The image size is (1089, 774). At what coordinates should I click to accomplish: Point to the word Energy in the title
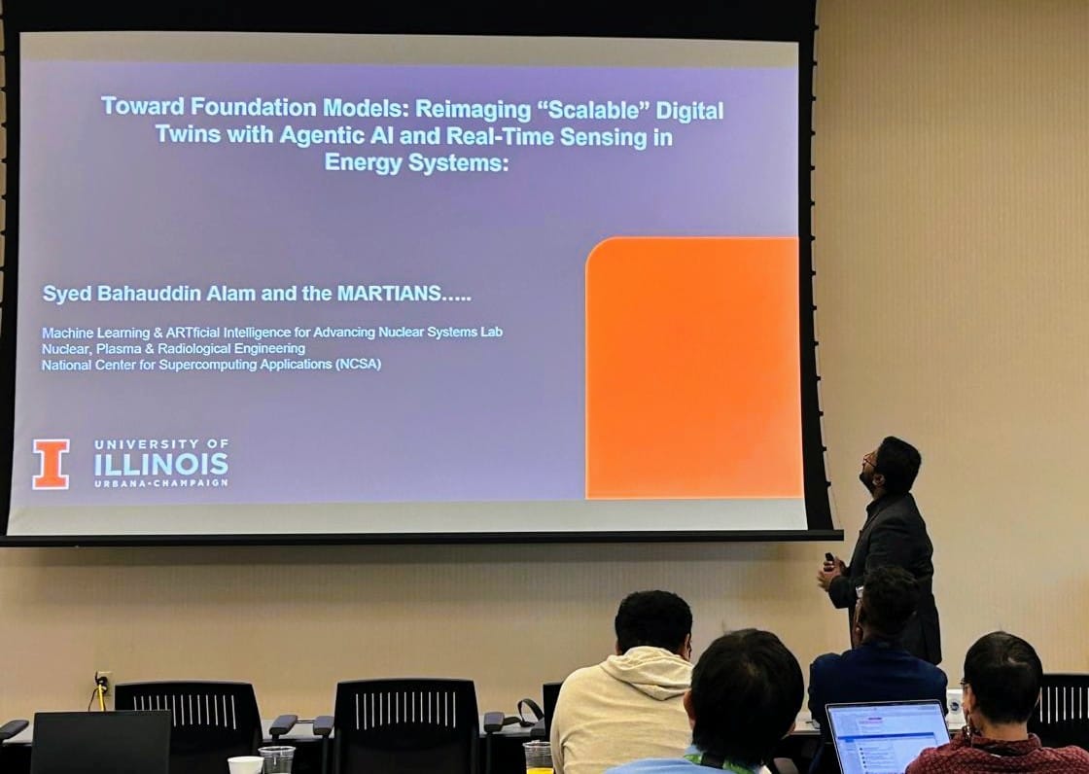coord(363,162)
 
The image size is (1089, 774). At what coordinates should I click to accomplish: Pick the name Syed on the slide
coord(62,293)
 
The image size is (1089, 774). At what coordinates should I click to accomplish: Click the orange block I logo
coord(51,464)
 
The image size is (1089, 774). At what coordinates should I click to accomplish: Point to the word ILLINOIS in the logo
coord(161,464)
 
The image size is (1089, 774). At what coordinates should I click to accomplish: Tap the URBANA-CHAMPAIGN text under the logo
coord(161,482)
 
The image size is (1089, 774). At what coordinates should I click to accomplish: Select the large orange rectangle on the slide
coord(693,368)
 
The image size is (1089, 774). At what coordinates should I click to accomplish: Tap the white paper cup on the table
coord(245,765)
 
